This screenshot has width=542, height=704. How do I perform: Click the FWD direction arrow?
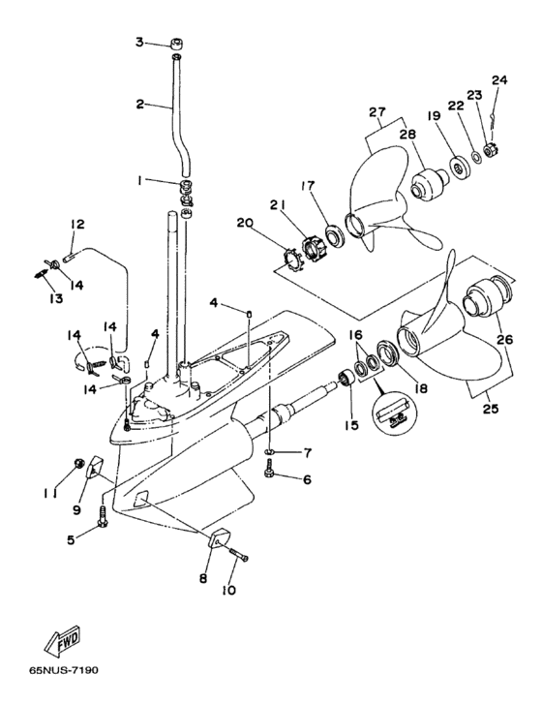pyautogui.click(x=62, y=639)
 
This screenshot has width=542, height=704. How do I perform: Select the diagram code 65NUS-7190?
pyautogui.click(x=64, y=671)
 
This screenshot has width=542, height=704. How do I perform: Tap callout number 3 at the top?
pyautogui.click(x=139, y=43)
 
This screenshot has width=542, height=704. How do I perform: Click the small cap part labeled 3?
pyautogui.click(x=177, y=44)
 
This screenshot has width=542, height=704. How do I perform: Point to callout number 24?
pyautogui.click(x=498, y=80)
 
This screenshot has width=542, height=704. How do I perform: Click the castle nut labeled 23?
pyautogui.click(x=489, y=148)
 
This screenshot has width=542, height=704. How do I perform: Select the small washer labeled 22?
pyautogui.click(x=475, y=157)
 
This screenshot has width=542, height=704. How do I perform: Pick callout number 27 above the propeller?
pyautogui.click(x=377, y=111)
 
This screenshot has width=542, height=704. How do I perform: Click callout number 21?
pyautogui.click(x=277, y=204)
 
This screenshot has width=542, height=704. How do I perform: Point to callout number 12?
pyautogui.click(x=77, y=224)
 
